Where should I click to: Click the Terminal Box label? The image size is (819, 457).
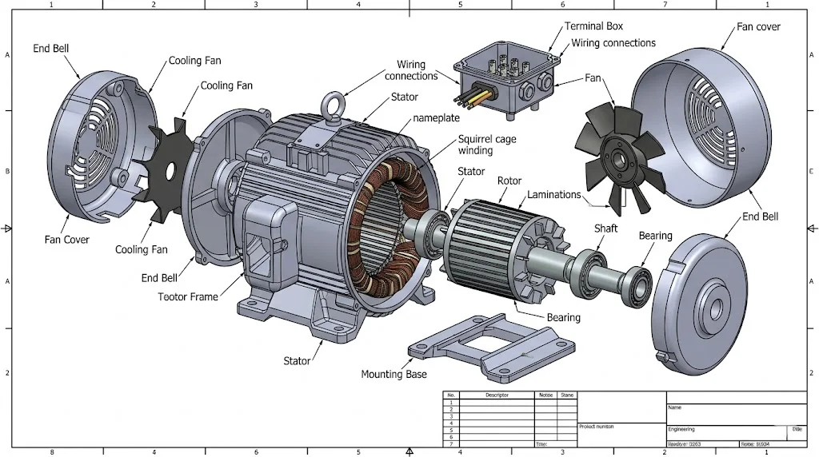pyautogui.click(x=593, y=26)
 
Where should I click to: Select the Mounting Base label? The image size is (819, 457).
pyautogui.click(x=394, y=374)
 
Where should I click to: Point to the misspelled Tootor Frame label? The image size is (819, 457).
pyautogui.click(x=188, y=297)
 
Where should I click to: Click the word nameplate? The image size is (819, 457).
pyautogui.click(x=436, y=118)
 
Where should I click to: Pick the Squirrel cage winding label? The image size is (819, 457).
pyautogui.click(x=487, y=145)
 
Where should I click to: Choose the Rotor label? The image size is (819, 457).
pyautogui.click(x=509, y=181)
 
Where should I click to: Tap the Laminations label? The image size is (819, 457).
pyautogui.click(x=553, y=195)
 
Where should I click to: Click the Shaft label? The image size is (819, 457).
pyautogui.click(x=606, y=228)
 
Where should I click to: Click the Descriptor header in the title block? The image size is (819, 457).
pyautogui.click(x=497, y=395)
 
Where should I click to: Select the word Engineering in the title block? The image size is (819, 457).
pyautogui.click(x=682, y=429)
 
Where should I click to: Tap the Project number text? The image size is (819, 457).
pyautogui.click(x=597, y=427)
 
